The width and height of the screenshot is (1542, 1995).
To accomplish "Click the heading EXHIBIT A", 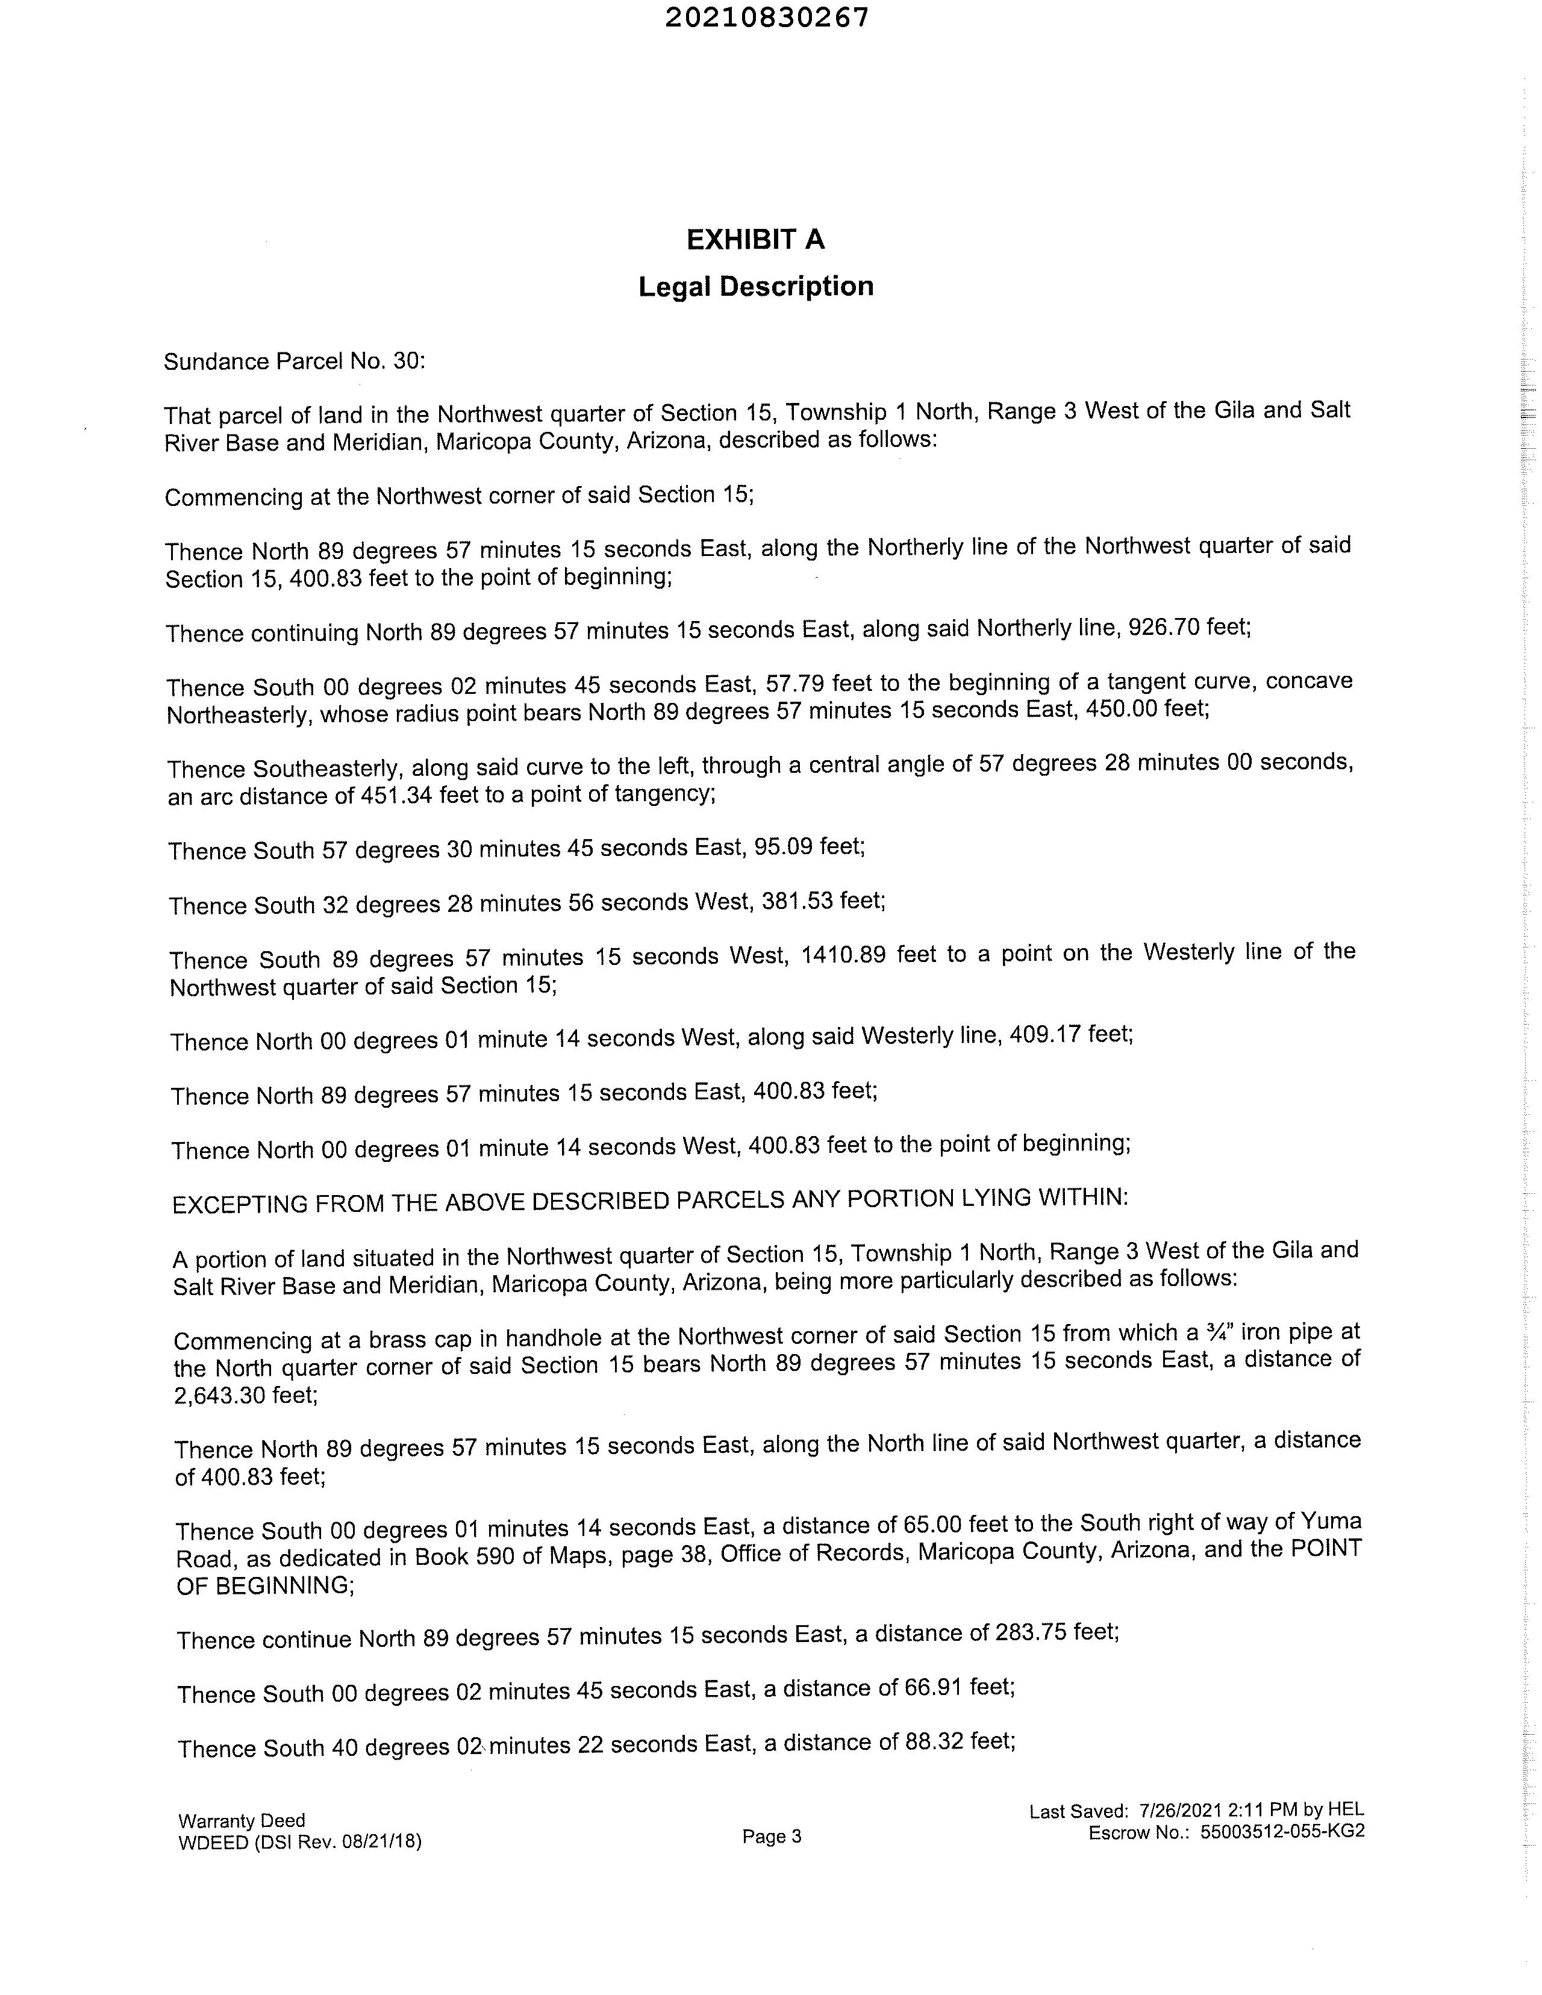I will [x=755, y=239].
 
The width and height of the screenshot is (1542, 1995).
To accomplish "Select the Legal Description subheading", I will [x=755, y=287].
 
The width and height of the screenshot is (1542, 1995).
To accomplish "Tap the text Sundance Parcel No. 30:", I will [x=294, y=362].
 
